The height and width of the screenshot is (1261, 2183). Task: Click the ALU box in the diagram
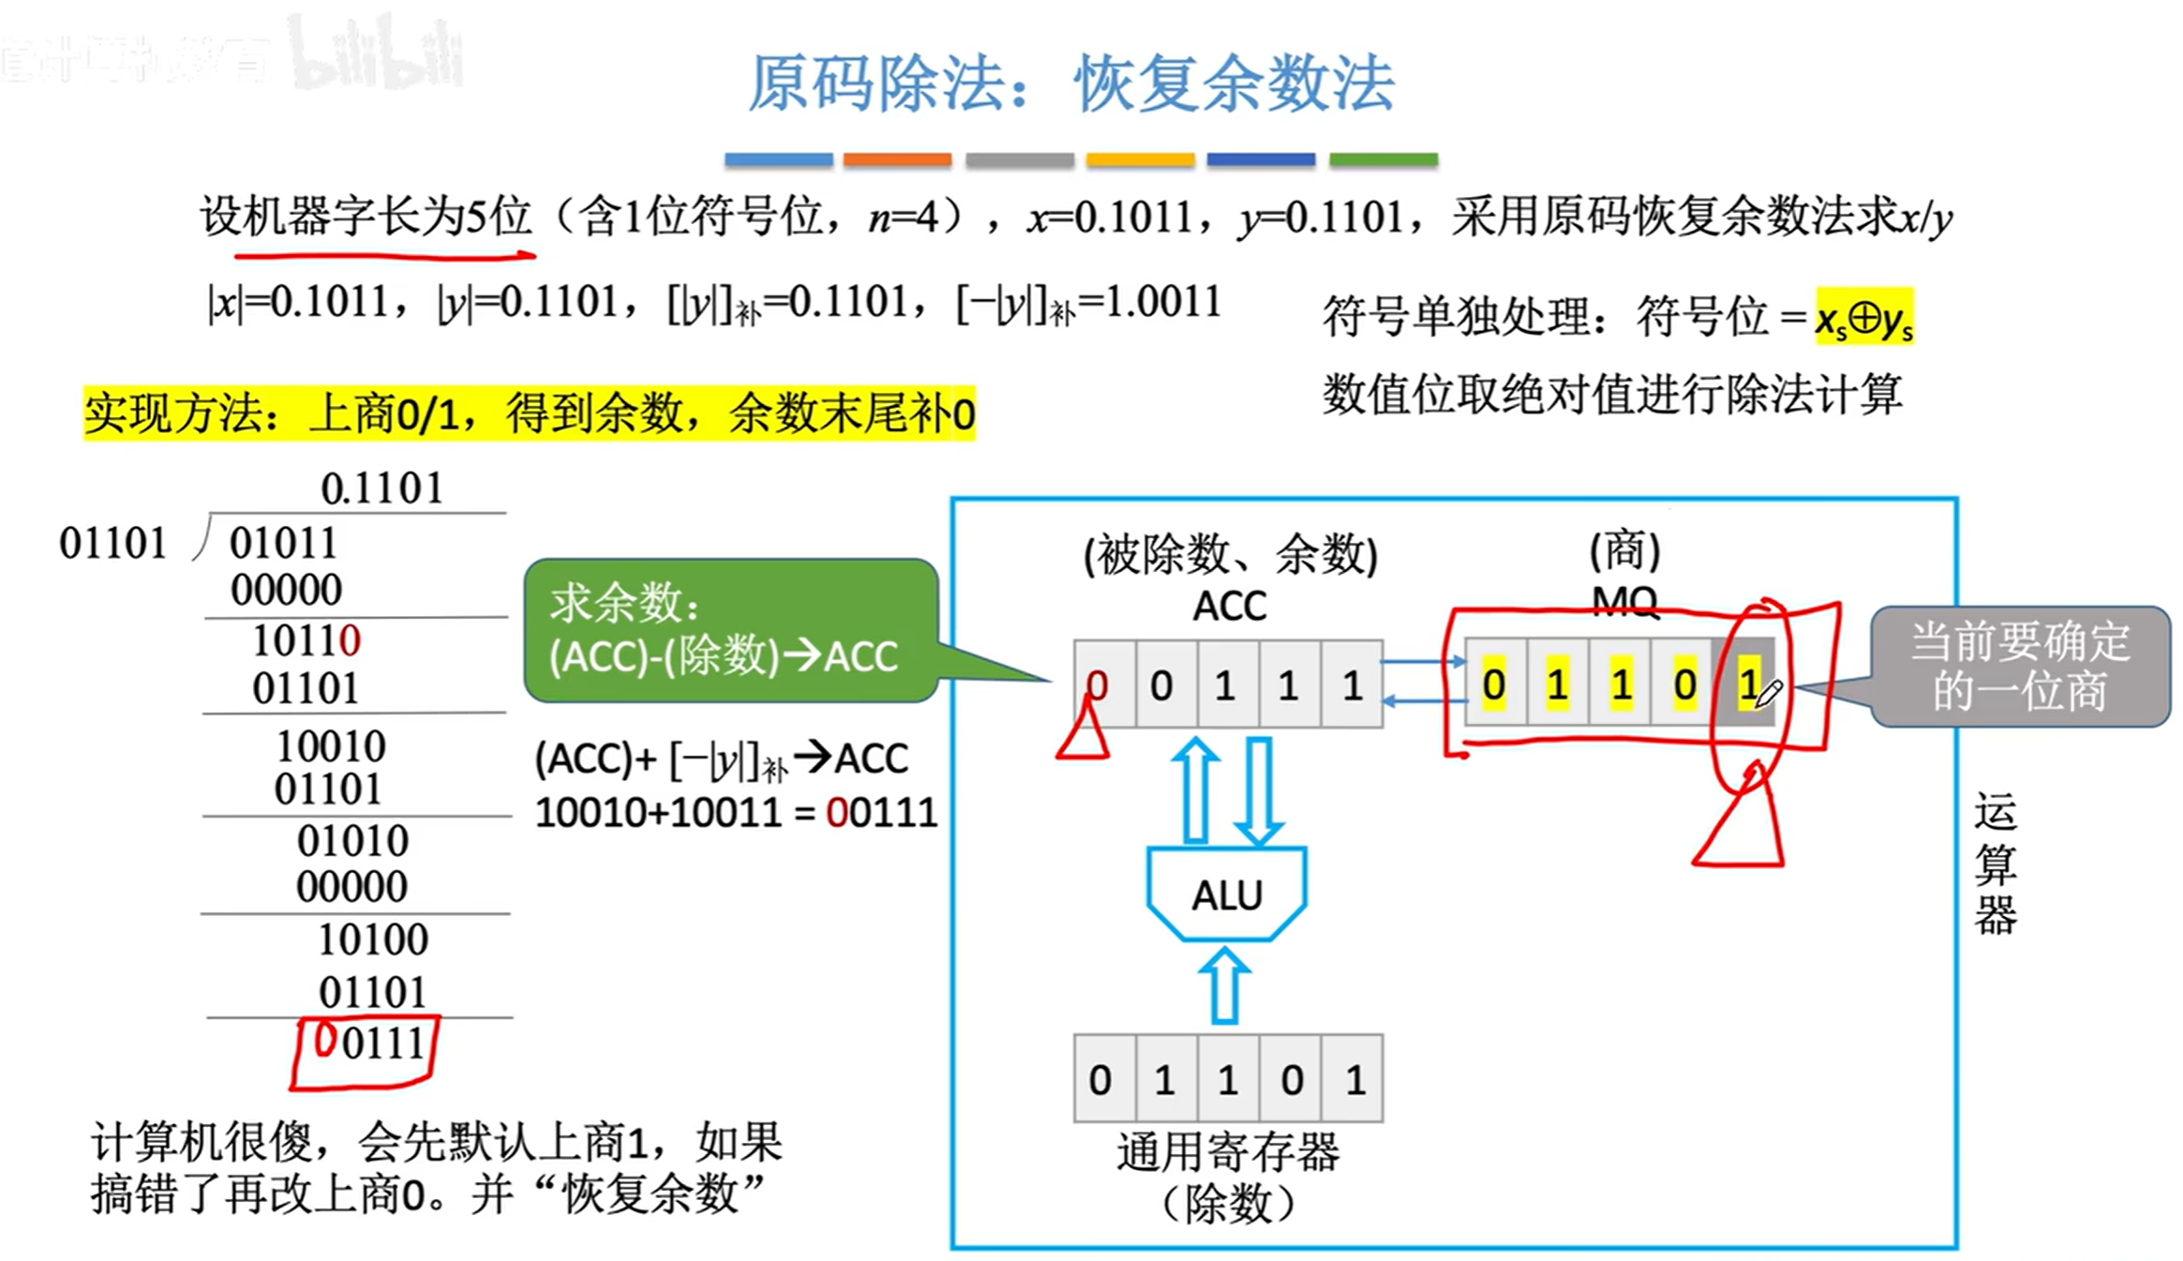click(1226, 894)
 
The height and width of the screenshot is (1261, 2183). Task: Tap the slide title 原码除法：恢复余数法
click(1071, 84)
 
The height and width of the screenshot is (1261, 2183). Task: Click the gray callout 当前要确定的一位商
click(2020, 667)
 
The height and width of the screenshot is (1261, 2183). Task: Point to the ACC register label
click(1229, 607)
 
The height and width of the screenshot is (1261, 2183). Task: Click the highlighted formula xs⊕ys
click(1863, 319)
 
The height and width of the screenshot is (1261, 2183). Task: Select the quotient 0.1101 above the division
click(381, 488)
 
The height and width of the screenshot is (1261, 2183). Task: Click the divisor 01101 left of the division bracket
click(112, 543)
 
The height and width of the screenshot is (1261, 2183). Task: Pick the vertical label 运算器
click(1996, 863)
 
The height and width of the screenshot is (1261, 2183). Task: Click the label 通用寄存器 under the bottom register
click(1228, 1153)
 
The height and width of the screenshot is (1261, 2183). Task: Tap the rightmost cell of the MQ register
click(1745, 684)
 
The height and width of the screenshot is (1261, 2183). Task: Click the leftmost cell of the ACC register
click(1103, 684)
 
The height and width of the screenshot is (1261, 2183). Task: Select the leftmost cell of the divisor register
click(1103, 1080)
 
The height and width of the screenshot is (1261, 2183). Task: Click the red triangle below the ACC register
click(1084, 733)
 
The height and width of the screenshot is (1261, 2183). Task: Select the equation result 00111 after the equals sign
click(881, 812)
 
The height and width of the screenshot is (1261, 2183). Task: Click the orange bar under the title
click(897, 159)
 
